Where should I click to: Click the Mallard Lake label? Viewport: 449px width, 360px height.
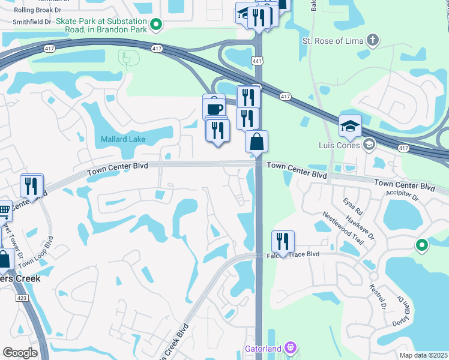[x=124, y=139]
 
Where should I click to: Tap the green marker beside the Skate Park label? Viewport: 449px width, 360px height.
[x=156, y=25]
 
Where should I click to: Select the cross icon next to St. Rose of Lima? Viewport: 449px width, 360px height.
[x=373, y=41]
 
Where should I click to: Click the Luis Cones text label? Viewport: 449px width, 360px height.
[x=339, y=145]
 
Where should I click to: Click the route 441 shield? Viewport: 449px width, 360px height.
[x=258, y=61]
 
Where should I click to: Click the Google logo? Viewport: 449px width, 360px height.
[x=20, y=353]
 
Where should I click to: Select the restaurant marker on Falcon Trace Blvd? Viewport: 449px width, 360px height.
[x=283, y=242]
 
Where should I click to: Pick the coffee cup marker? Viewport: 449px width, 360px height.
[x=214, y=108]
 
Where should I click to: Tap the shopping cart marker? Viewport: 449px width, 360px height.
[x=4, y=211]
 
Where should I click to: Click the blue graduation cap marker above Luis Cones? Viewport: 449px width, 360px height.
[x=350, y=127]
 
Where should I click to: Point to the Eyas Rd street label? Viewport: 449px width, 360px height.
[x=354, y=208]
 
